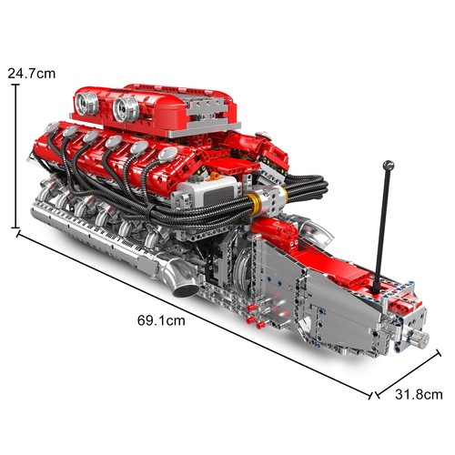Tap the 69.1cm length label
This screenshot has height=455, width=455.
coord(164,320)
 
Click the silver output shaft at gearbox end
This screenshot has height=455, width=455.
coord(420,339)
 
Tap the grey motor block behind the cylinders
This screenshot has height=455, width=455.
coord(206,191)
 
